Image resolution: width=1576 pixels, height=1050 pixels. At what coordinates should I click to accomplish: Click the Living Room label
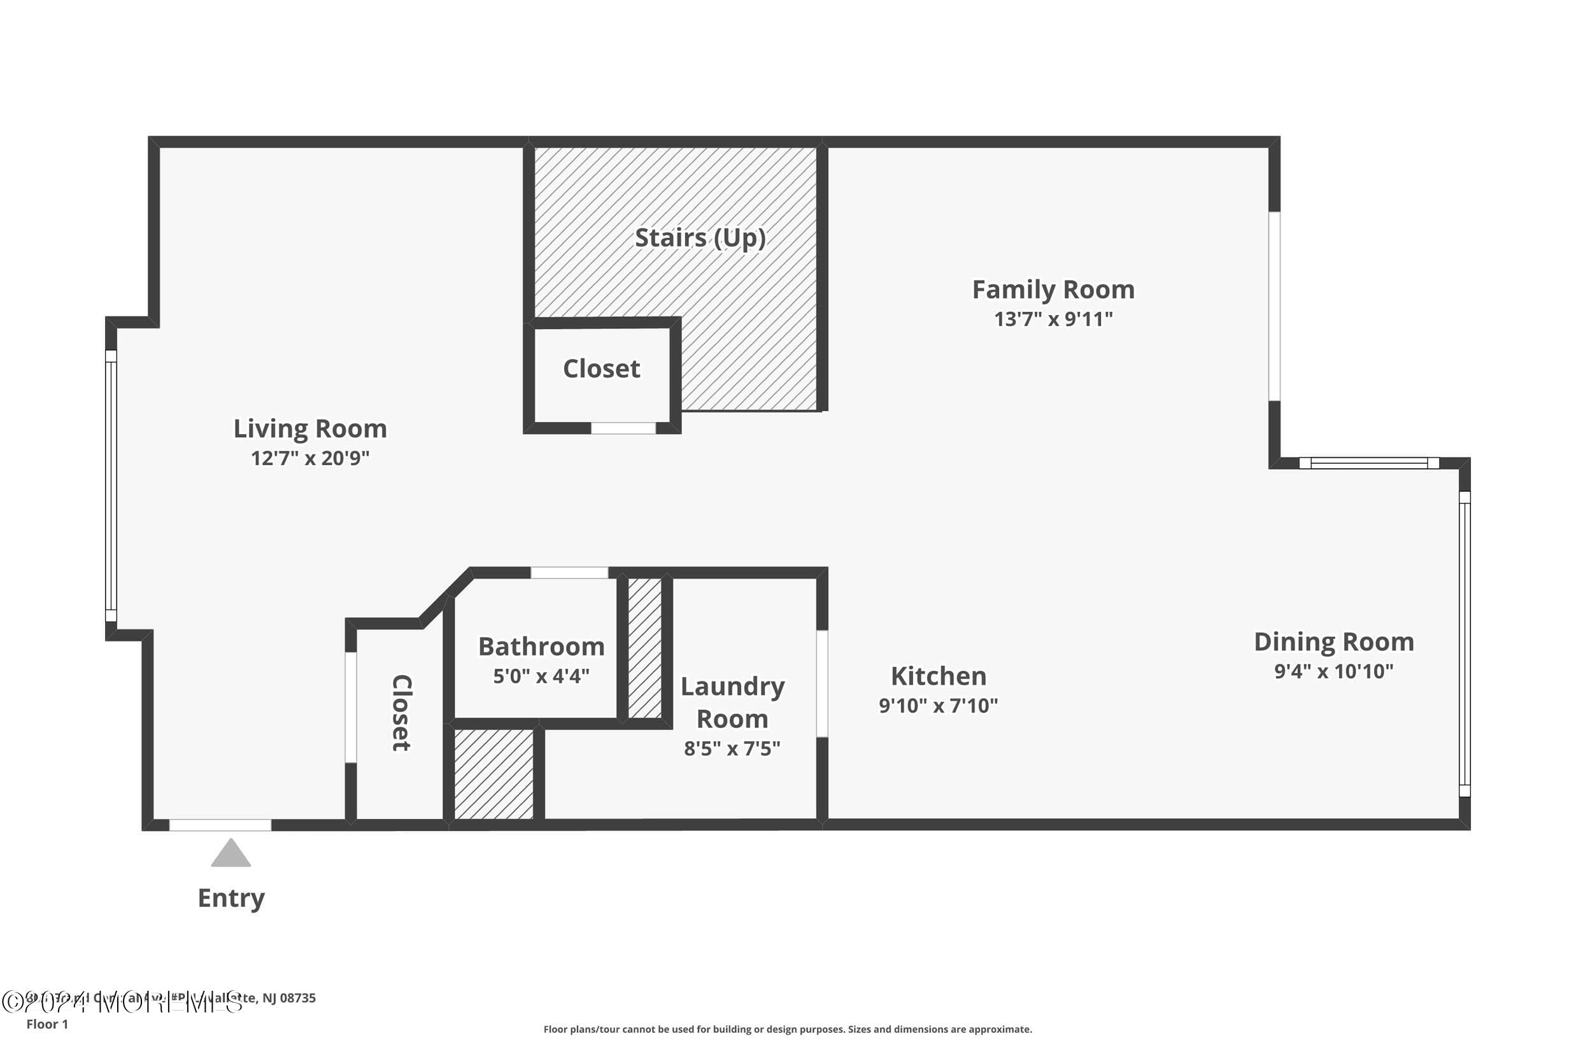309,428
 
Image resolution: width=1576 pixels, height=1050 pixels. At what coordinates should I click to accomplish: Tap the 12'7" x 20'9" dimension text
309,458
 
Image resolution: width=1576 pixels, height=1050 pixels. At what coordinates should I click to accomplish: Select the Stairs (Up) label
700,238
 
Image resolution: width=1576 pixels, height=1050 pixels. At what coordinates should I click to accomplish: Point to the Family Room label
1053,290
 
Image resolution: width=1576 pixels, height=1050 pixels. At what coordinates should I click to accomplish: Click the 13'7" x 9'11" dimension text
1053,319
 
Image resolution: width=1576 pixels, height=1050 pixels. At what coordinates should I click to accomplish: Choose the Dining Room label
1333,641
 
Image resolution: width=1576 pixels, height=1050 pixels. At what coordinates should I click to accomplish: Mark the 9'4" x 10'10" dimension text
1333,671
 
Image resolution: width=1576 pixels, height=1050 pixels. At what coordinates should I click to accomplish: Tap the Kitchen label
938,676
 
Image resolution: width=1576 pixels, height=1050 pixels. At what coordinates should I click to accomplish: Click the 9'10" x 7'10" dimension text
938,705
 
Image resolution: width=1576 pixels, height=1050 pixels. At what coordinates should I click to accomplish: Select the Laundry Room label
732,703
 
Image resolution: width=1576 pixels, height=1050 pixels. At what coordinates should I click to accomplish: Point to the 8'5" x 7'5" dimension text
732,748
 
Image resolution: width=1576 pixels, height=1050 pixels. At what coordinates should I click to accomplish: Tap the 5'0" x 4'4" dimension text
541,676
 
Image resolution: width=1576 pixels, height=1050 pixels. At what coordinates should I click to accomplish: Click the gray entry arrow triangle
231,855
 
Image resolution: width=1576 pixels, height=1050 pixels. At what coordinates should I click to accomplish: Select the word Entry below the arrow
231,897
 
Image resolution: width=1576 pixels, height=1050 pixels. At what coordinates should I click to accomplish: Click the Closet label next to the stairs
601,368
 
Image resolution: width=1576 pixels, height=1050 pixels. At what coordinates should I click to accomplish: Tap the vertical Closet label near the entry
401,713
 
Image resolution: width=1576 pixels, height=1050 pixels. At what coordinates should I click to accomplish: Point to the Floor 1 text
47,1024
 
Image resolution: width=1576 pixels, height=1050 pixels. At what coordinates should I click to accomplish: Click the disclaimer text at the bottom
787,1029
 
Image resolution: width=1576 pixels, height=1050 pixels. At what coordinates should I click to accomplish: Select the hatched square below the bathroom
494,773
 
